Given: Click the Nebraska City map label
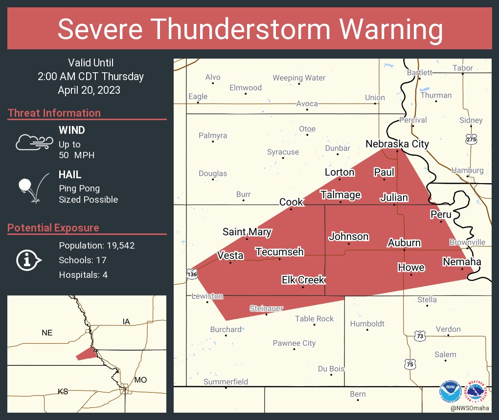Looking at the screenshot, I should (x=397, y=144).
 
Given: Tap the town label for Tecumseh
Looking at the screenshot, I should (x=279, y=252).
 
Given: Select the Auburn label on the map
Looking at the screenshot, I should (x=404, y=243).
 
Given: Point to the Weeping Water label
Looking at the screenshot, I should (x=299, y=78).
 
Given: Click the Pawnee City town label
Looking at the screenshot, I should (x=294, y=343).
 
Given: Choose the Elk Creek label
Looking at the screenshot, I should (x=303, y=280).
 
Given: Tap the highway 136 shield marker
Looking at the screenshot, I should (x=191, y=275).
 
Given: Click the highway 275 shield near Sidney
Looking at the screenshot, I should (x=471, y=139).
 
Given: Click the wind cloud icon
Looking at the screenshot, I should (x=33, y=142).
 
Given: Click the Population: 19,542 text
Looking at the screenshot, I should (x=96, y=245).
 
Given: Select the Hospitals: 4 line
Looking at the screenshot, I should (x=83, y=274).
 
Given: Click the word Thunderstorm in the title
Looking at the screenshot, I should (x=250, y=29).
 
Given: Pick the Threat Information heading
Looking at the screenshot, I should (x=54, y=113).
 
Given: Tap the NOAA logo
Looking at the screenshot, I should (x=450, y=391).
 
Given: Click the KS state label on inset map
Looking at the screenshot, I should (x=63, y=391).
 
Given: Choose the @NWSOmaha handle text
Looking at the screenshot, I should (x=470, y=408).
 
